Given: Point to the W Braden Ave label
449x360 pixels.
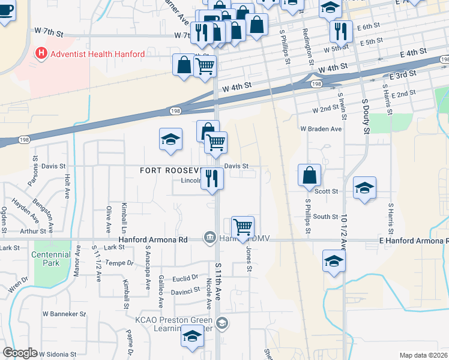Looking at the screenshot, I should tap(321, 128).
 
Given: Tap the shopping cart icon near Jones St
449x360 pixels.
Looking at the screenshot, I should tap(243, 227).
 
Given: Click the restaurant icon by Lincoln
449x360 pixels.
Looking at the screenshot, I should tap(212, 178).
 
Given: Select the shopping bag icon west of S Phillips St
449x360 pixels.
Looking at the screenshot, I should tap(310, 175).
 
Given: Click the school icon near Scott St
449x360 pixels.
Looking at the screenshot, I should tap(364, 188).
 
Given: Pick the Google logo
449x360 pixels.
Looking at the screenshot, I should tap(20, 353).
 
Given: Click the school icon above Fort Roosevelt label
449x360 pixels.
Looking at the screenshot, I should tap(170, 139).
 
